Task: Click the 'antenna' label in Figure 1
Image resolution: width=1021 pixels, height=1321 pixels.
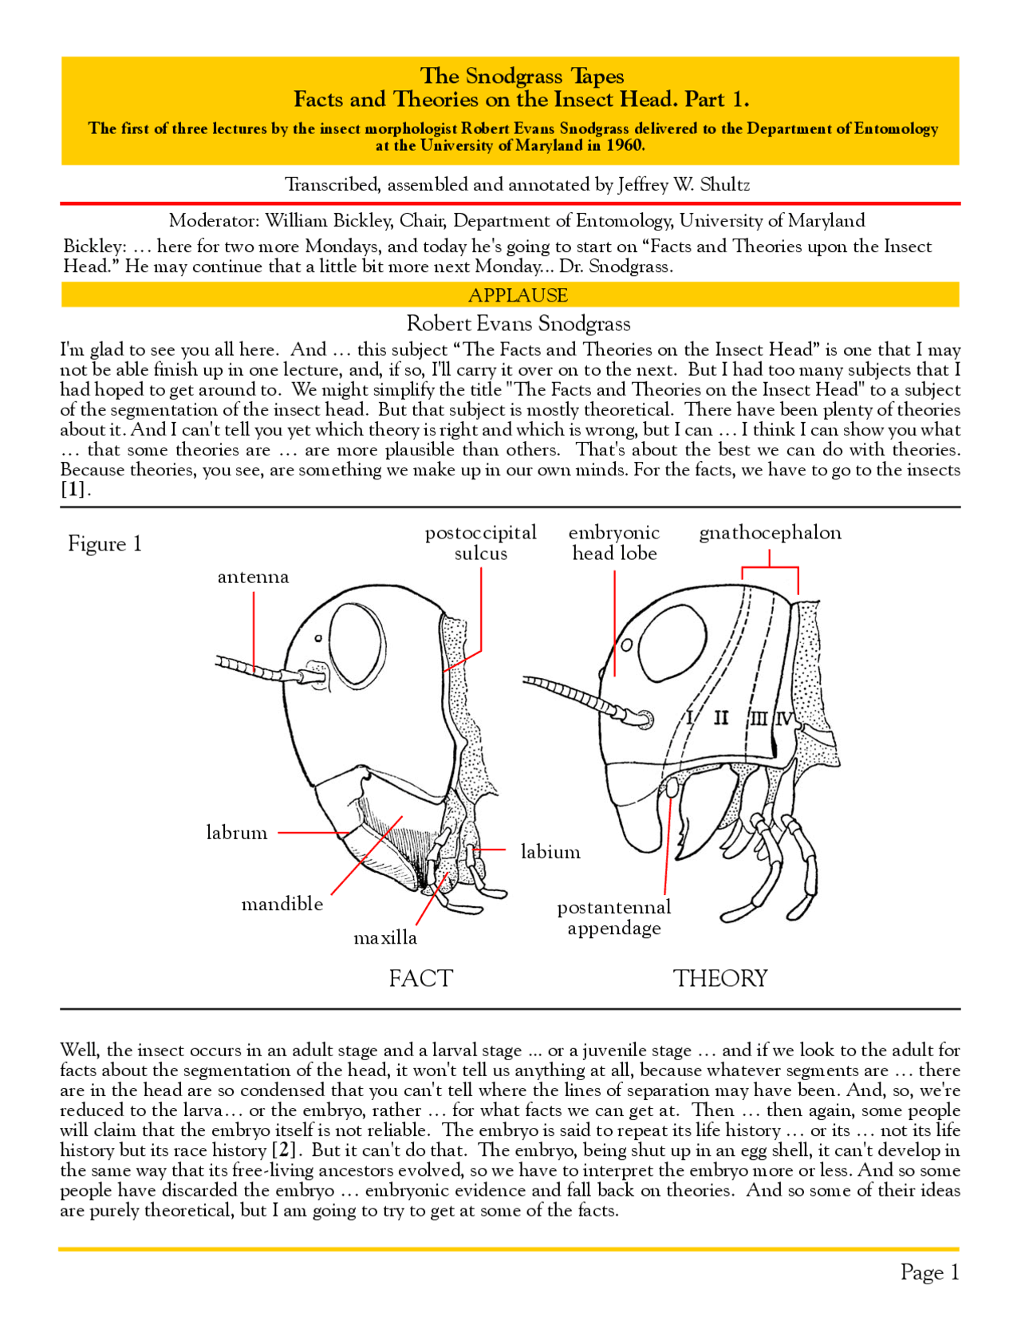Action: click(253, 577)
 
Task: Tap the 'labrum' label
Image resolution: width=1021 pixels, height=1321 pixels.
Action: click(237, 833)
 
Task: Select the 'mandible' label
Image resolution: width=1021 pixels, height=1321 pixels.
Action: click(282, 904)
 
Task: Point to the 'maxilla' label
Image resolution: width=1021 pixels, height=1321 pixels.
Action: click(385, 937)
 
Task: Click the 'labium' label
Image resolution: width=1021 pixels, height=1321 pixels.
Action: click(550, 852)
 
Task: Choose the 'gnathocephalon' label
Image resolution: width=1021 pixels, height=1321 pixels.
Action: click(770, 533)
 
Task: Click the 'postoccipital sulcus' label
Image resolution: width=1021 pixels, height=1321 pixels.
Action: click(480, 543)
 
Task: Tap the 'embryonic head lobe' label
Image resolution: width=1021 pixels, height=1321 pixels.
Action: click(614, 543)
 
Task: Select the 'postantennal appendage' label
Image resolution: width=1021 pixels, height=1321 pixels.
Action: click(614, 917)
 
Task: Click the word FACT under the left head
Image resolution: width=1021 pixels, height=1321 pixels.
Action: click(420, 978)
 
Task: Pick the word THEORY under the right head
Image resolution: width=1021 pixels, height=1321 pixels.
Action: click(719, 978)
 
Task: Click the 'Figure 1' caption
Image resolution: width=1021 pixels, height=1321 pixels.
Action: click(104, 544)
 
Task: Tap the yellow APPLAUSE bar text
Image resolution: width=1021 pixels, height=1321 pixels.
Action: click(518, 295)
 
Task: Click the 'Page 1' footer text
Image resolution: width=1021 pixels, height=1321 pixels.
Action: click(929, 1272)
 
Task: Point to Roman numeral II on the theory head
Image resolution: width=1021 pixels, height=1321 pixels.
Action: click(721, 718)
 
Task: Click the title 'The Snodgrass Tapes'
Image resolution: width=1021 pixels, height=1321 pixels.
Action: click(522, 76)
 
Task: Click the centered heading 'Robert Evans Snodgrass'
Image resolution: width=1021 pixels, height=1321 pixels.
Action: click(518, 323)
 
